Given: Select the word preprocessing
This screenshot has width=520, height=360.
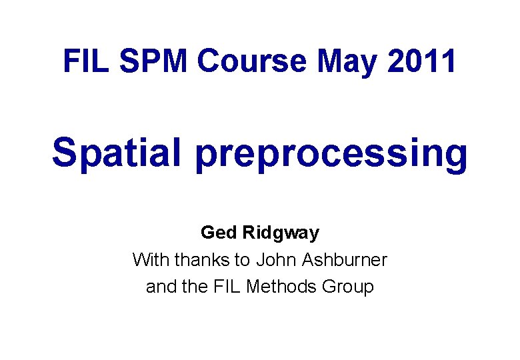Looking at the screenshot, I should click(331, 154).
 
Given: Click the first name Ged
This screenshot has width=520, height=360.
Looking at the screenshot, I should click(218, 233).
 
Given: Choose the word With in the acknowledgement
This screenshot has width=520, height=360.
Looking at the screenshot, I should click(149, 259).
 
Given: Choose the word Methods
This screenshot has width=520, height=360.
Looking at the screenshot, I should click(282, 287).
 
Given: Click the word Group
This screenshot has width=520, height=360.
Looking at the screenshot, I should click(348, 287).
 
